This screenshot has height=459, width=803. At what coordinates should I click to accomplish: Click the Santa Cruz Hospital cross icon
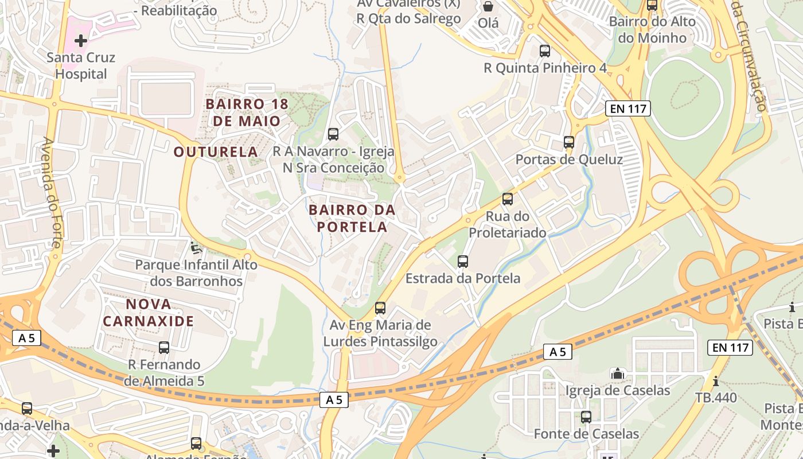click(81, 41)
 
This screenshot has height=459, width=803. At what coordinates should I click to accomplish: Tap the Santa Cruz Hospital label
click(81, 65)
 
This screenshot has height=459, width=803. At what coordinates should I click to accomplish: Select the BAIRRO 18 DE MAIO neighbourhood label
click(246, 112)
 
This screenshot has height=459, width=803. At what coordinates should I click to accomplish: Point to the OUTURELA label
click(216, 152)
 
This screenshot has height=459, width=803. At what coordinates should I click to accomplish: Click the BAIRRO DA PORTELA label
click(352, 218)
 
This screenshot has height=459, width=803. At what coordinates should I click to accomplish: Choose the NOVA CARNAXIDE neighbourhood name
click(149, 312)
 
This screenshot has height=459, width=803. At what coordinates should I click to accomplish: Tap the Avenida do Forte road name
click(52, 192)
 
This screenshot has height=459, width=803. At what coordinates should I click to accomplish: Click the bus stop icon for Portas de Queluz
click(568, 142)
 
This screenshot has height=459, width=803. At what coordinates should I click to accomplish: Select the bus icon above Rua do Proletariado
click(507, 199)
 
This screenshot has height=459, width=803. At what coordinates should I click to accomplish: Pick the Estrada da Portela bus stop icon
click(463, 262)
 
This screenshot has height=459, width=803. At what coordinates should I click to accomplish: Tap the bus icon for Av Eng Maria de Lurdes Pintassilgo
click(380, 308)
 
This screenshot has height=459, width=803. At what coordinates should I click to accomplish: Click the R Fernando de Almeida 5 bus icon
click(164, 347)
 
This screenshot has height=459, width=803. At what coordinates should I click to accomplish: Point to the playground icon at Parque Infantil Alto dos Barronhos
click(196, 248)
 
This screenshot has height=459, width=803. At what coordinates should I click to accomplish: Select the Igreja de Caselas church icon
click(617, 374)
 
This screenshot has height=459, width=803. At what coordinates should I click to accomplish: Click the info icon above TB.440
click(715, 381)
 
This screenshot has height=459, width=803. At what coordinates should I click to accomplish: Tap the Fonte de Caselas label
click(586, 434)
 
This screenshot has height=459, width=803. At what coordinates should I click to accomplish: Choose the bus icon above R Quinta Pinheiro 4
click(545, 51)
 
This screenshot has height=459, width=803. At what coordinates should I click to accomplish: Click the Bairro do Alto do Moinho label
click(652, 30)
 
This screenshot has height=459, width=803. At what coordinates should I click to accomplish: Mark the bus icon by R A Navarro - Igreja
click(333, 134)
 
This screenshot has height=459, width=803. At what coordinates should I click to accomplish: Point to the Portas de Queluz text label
click(569, 160)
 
